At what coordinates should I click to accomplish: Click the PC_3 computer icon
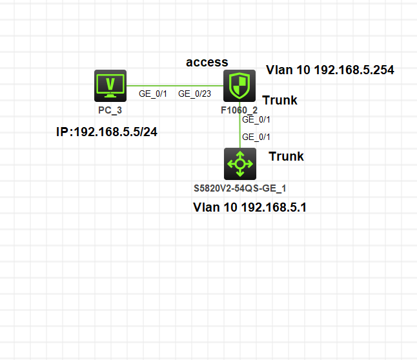[x=110, y=86]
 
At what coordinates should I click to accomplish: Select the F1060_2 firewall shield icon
[x=239, y=86]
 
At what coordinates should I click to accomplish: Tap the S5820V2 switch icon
[x=240, y=164]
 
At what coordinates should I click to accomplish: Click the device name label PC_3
[x=110, y=110]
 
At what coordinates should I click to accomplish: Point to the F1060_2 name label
[x=239, y=110]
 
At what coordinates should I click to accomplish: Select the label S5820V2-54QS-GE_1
[x=240, y=188]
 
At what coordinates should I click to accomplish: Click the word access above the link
[x=207, y=63]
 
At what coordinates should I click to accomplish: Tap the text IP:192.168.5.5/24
[x=107, y=132]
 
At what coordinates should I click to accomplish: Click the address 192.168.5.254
[x=354, y=70]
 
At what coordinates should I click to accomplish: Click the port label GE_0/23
[x=195, y=94]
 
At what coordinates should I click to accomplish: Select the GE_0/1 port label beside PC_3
[x=153, y=94]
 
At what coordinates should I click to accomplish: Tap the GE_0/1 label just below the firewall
[x=256, y=119]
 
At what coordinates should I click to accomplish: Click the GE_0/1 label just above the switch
[x=256, y=137]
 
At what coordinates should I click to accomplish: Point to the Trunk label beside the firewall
[x=280, y=100]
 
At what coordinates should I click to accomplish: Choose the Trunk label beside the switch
[x=286, y=156]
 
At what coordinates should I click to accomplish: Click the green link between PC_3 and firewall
[x=175, y=86]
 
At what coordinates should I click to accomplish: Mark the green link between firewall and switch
[x=240, y=125]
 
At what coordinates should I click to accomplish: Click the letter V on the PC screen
[x=110, y=84]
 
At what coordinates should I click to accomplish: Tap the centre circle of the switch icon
[x=240, y=164]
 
